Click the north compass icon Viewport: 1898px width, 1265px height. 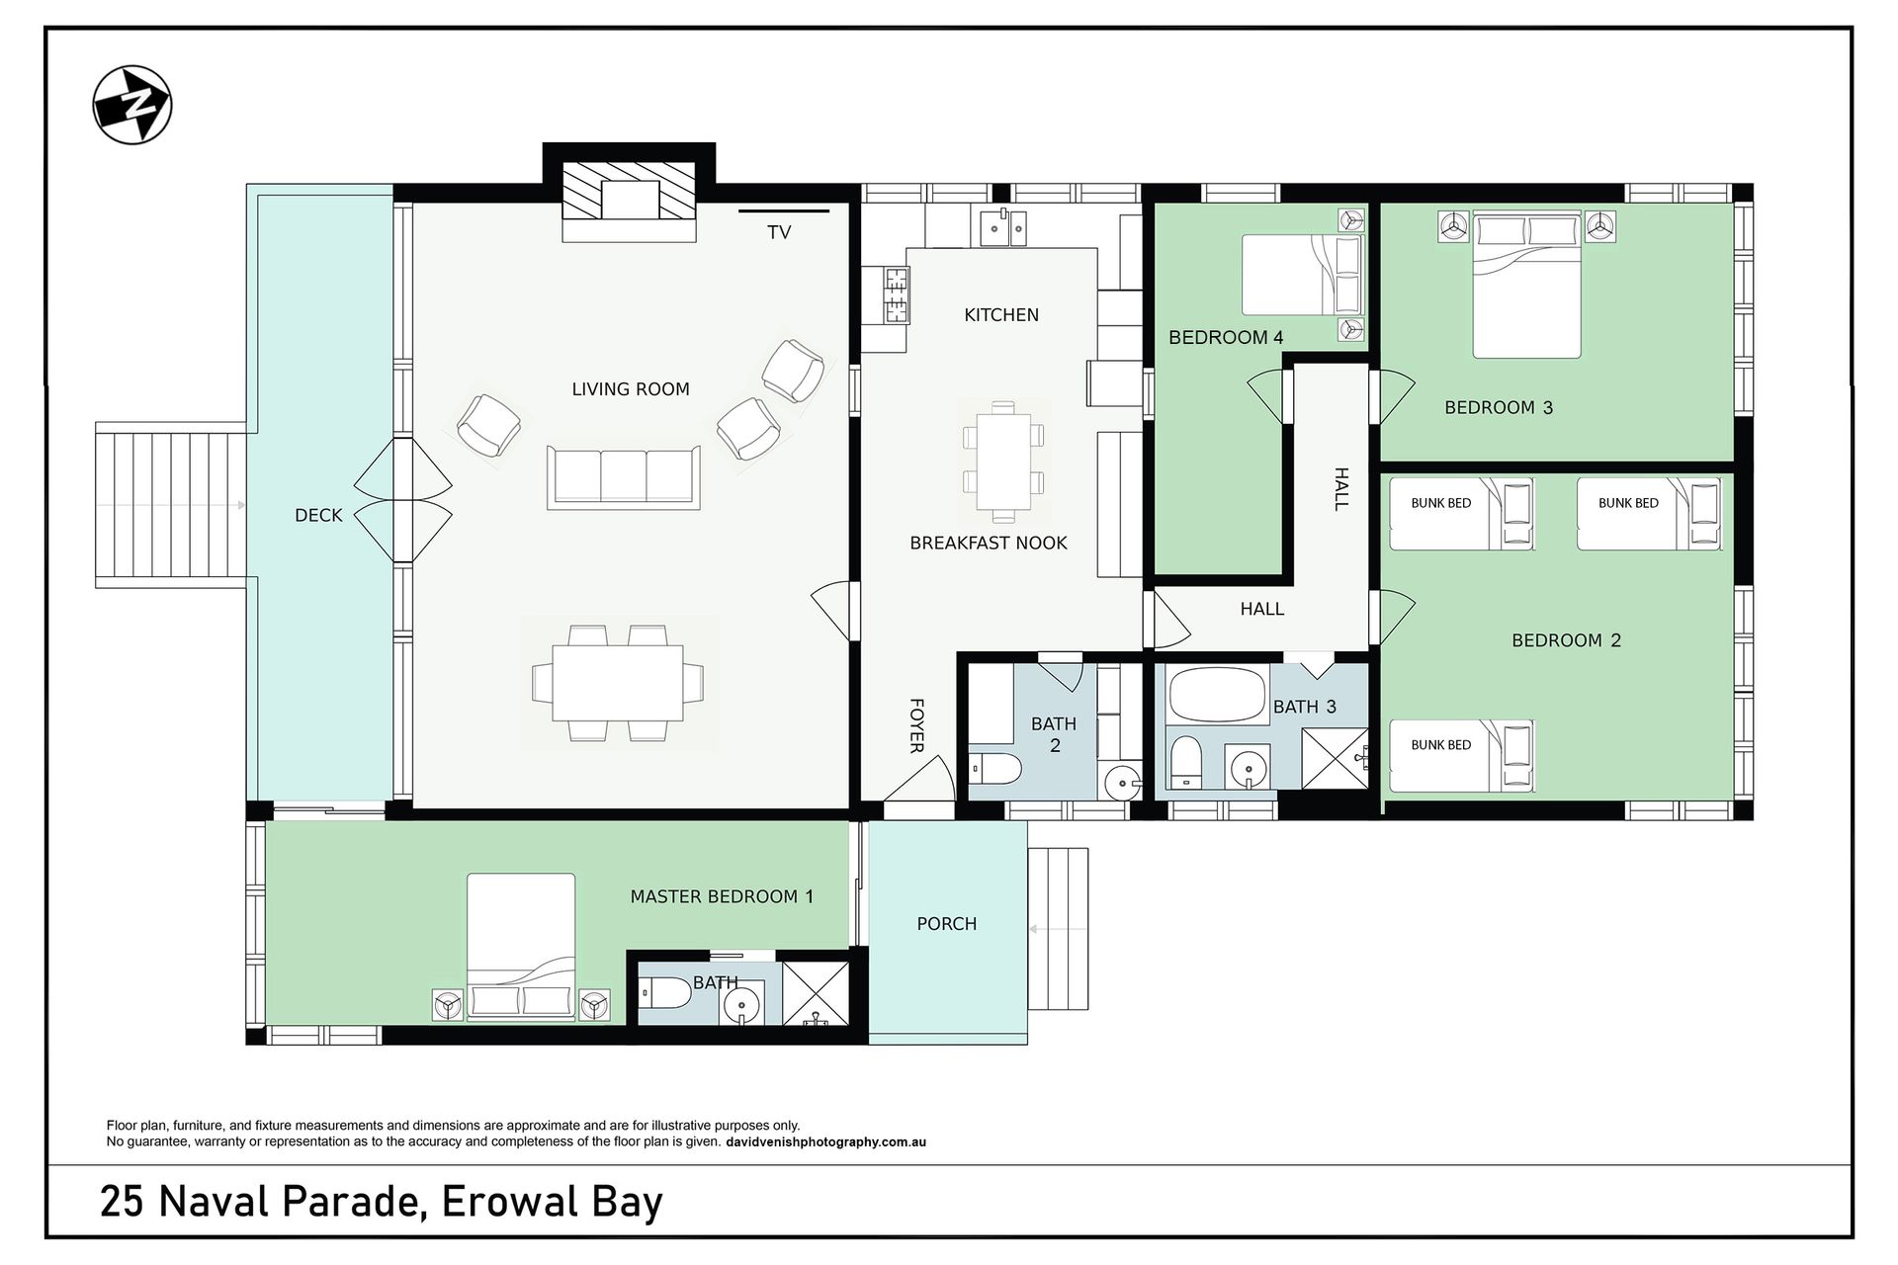pos(132,105)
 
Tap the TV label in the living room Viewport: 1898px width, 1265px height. pos(779,232)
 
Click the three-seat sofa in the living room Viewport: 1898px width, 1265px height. pos(624,477)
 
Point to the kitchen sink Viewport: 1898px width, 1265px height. pos(1004,227)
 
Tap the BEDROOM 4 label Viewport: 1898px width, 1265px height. pos(1226,337)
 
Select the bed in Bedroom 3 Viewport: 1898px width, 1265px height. pos(1526,286)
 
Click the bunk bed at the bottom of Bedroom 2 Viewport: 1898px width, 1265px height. pos(1461,756)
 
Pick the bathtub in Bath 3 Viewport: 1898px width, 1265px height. pos(1218,695)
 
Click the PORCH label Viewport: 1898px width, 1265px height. pos(947,924)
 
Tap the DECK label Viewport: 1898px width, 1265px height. pos(318,515)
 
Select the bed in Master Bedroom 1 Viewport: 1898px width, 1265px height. pos(521,947)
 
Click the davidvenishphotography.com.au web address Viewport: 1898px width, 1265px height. pos(825,1142)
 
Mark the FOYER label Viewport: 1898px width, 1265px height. pos(916,725)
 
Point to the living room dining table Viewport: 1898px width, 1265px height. pos(618,683)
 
